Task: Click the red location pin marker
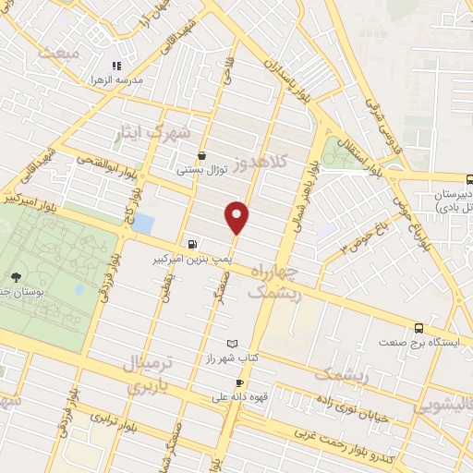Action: pos(237,216)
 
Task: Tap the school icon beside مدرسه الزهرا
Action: pos(116,66)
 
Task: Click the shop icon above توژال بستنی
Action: pos(202,156)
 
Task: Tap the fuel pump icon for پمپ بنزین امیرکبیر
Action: pos(190,245)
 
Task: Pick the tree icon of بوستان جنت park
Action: pos(16,276)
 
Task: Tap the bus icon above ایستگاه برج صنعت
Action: pos(419,327)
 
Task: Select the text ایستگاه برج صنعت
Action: pos(416,342)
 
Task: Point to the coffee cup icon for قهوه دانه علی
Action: pos(239,383)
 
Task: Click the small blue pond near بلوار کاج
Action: pos(144,223)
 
